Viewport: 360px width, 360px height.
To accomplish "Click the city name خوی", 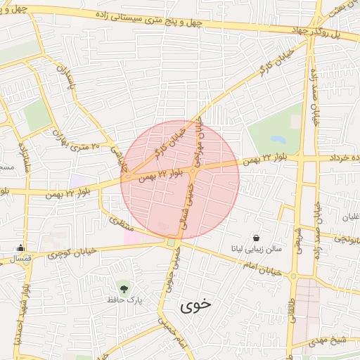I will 195,306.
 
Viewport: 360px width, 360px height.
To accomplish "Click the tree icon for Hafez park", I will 124,288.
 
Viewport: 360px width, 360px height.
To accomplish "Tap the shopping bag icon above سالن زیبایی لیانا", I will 255,238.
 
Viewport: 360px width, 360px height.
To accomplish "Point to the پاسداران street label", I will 67,80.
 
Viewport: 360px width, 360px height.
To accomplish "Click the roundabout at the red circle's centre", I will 192,169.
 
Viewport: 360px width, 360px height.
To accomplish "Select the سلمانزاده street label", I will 24,160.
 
